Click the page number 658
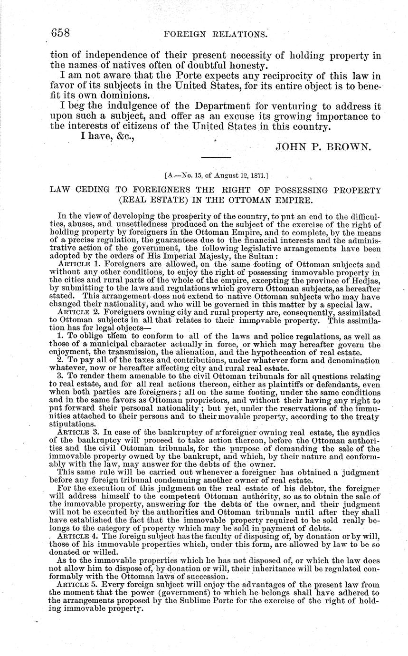coord(60,33)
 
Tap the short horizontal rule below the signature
coord(216,157)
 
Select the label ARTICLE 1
coord(78,263)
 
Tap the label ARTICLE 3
coord(78,432)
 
